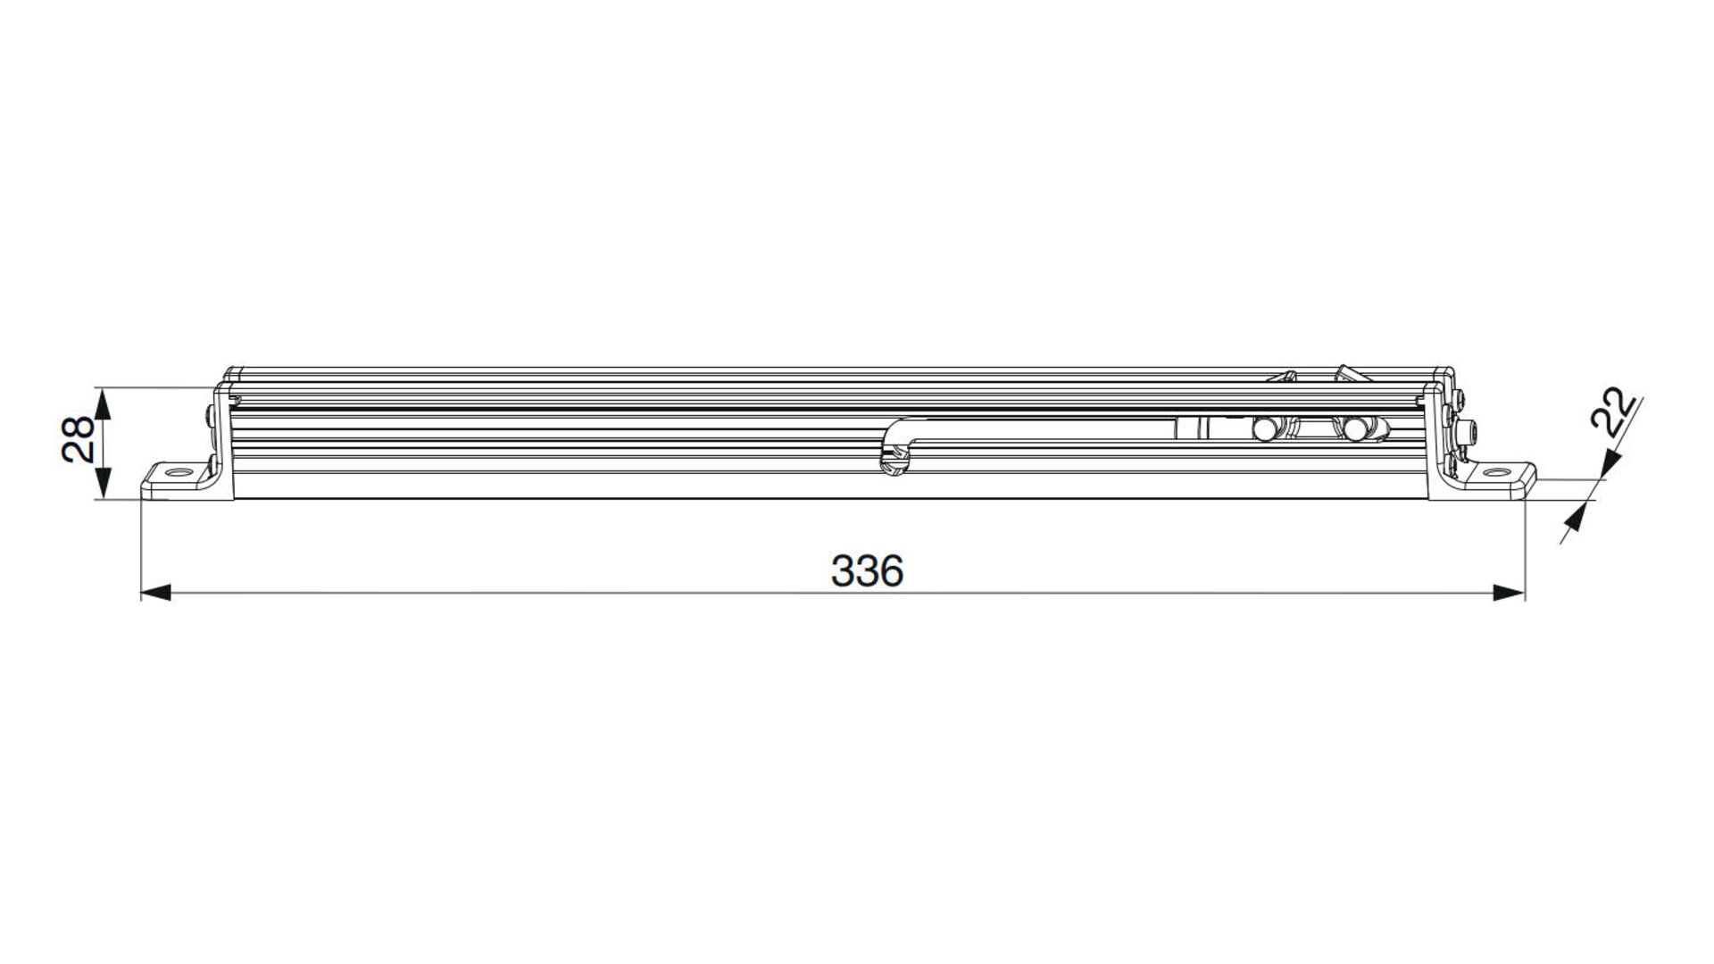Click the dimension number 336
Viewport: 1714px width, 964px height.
tap(867, 570)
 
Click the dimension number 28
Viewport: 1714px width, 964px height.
tap(79, 438)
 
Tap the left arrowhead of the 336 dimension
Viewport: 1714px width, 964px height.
tap(156, 593)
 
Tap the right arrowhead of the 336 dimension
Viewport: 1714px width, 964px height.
tap(1510, 593)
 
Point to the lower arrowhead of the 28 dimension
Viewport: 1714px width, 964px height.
tap(104, 485)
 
